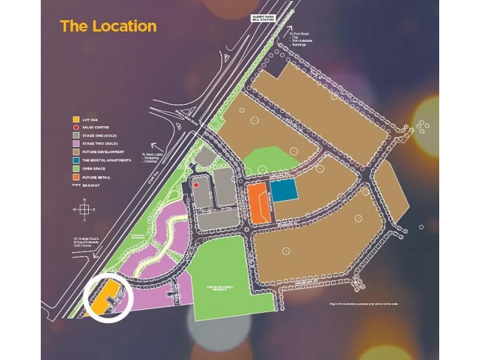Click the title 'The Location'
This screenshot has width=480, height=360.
(x=108, y=26)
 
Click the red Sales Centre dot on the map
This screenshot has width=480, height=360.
(x=196, y=185)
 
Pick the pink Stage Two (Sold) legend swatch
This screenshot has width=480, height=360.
(x=75, y=144)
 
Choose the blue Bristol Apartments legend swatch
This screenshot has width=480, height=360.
(x=75, y=161)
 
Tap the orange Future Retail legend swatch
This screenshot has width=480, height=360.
(x=75, y=178)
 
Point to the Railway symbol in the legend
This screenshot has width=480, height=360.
(x=75, y=186)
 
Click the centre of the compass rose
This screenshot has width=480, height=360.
(x=85, y=209)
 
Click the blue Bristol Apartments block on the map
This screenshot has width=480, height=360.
(x=285, y=191)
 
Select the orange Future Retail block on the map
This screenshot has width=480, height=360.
(x=258, y=204)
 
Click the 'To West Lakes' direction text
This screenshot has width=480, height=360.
(x=152, y=158)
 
